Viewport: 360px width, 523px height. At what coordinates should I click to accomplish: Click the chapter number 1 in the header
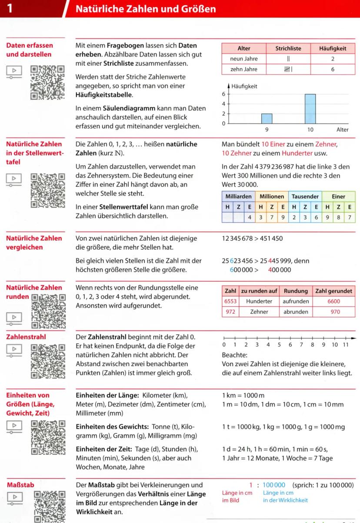pyautogui.click(x=9, y=8)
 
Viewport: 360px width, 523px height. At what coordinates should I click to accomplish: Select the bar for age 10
pyautogui.click(x=310, y=109)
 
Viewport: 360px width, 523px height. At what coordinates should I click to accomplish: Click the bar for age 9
pyautogui.click(x=267, y=119)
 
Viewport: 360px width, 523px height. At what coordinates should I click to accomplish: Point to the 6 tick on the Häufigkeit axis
pyautogui.click(x=224, y=94)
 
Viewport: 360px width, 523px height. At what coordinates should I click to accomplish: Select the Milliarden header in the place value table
pyautogui.click(x=238, y=197)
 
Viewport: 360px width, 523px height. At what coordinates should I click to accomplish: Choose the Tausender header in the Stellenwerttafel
pyautogui.click(x=305, y=197)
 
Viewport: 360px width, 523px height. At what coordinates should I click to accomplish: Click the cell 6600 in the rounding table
pyautogui.click(x=335, y=301)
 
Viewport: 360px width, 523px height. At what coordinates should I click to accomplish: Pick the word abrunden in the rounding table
pyautogui.click(x=296, y=311)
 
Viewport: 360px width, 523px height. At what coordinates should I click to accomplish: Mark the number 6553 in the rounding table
pyautogui.click(x=230, y=301)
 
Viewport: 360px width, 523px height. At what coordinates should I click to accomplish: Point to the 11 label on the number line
pyautogui.click(x=346, y=345)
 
